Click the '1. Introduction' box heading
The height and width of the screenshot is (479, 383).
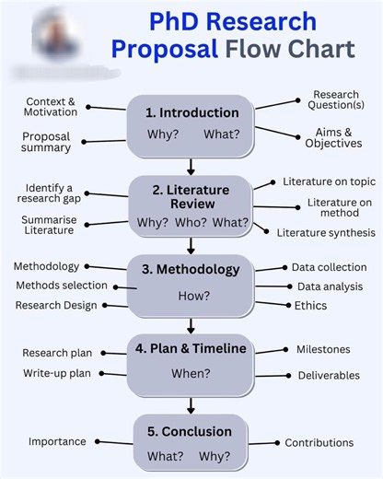(191, 112)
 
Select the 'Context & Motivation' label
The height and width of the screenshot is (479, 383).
(51, 106)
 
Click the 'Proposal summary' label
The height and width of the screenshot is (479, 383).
(46, 142)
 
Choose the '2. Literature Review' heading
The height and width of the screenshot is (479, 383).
(192, 196)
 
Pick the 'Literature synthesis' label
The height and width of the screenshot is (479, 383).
(325, 233)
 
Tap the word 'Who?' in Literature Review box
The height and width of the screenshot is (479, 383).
(191, 222)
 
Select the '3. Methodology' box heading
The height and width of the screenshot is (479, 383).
(191, 270)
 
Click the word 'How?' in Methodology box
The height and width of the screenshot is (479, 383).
(193, 296)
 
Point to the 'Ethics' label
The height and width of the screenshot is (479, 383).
(310, 306)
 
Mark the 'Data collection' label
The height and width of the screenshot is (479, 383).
(329, 267)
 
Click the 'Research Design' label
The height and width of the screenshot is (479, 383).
(56, 305)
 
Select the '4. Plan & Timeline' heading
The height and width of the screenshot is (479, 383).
(191, 348)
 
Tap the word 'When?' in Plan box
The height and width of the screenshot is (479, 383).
(191, 373)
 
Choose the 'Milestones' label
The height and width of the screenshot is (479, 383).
(323, 349)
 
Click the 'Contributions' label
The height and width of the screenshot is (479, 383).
(319, 443)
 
